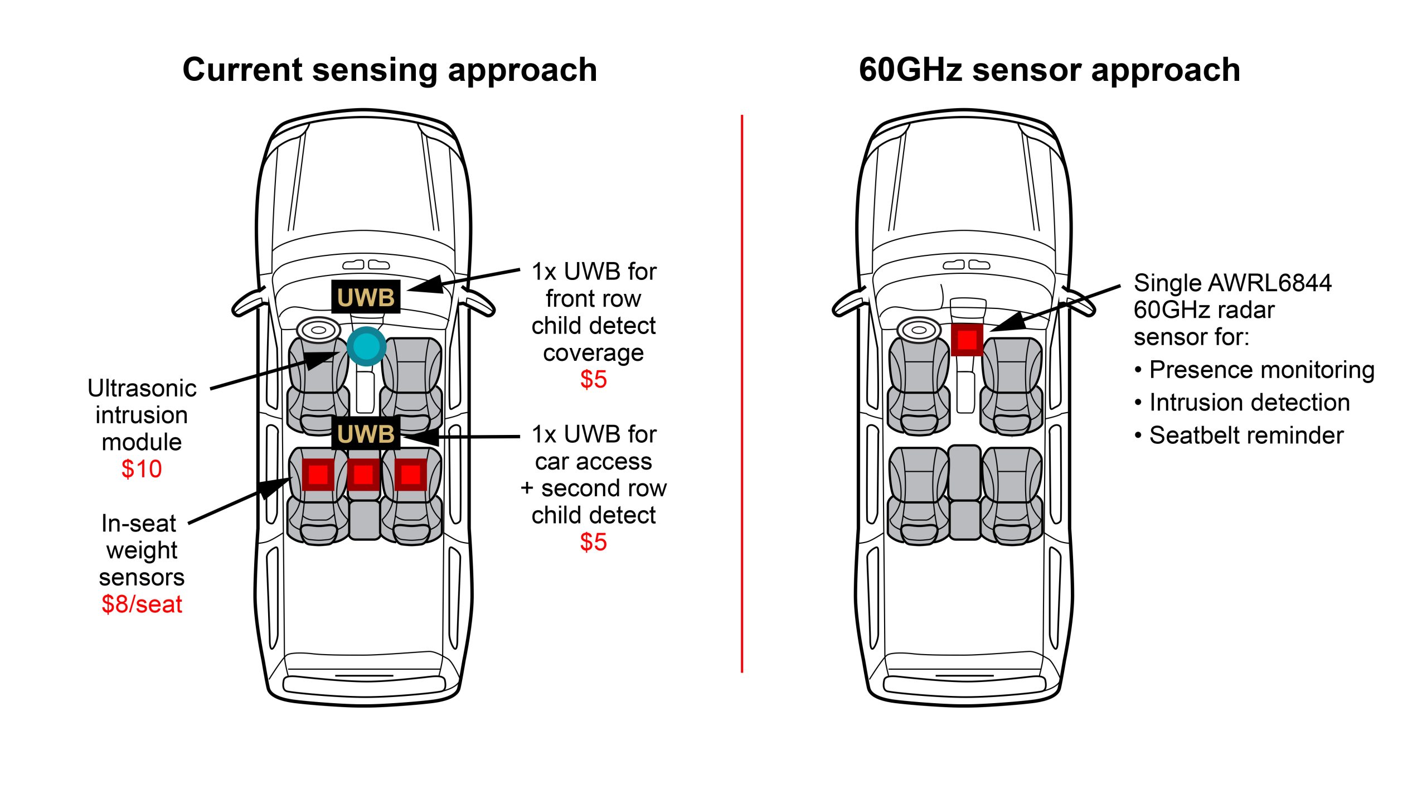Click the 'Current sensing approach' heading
click(390, 70)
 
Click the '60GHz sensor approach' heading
click(1049, 70)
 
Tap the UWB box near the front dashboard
click(366, 297)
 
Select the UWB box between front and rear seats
click(366, 433)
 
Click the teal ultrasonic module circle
click(366, 346)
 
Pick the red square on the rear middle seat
click(363, 475)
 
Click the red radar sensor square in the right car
click(967, 339)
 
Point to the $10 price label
click(142, 469)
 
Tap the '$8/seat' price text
click(142, 604)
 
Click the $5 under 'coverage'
click(593, 380)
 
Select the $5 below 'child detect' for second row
click(593, 542)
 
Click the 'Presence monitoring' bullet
click(1261, 370)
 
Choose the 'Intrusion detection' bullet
click(1249, 403)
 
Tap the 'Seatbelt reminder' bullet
click(1246, 436)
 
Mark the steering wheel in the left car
click(318, 330)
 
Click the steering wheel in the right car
click(919, 330)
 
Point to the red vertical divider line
click(742, 390)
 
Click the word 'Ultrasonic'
click(142, 388)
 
